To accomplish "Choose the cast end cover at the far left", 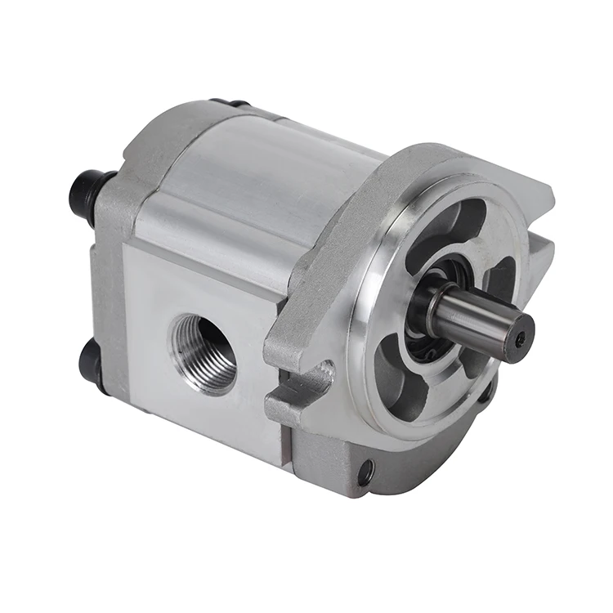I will [x=110, y=270].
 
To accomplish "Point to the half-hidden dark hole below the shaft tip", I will [x=484, y=393].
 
